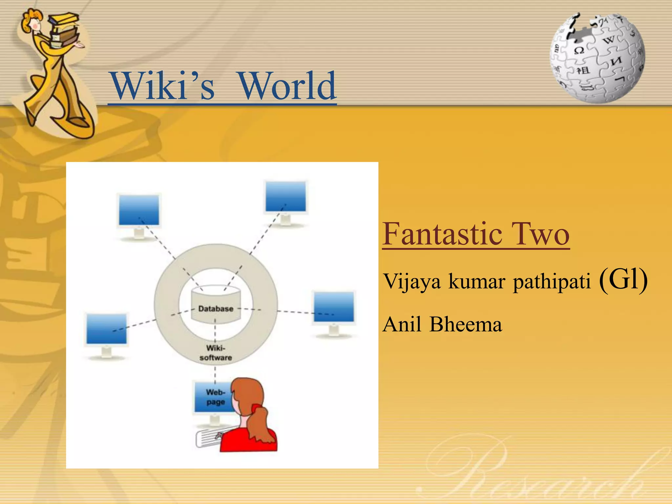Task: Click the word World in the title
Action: coord(287,86)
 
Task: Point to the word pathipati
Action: coord(552,282)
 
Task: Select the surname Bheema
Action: coord(466,325)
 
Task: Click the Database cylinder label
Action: coord(216,309)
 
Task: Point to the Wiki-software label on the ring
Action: coord(216,353)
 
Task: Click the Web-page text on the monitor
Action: coord(215,397)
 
